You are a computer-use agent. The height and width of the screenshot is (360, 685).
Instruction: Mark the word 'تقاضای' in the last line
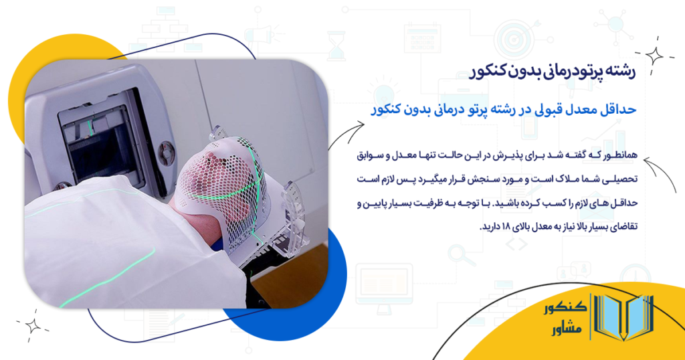coord(623,227)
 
